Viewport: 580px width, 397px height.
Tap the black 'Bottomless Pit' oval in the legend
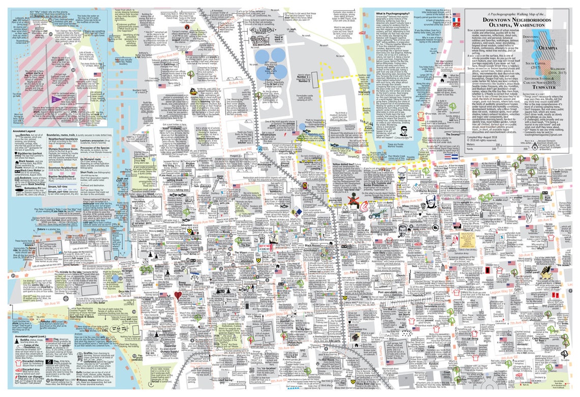[x=15, y=188]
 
